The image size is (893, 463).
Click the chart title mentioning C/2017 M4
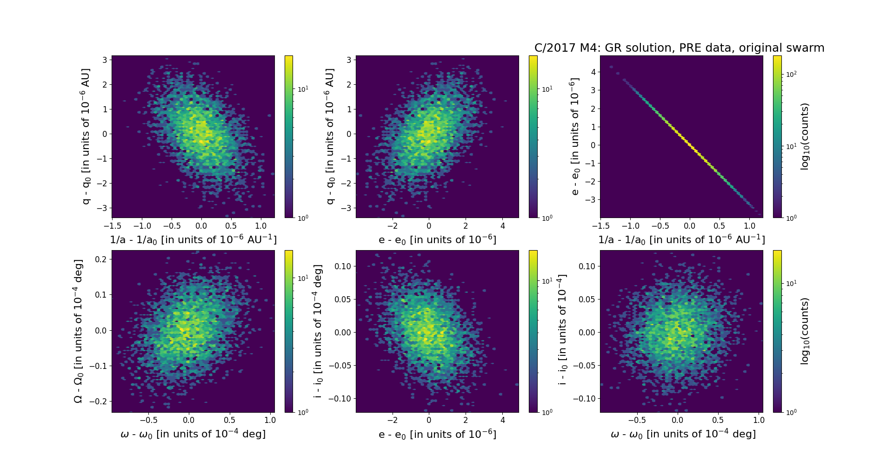tap(679, 48)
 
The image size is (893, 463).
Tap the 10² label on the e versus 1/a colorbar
tap(791, 74)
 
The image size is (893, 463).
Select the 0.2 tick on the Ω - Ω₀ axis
tap(100, 259)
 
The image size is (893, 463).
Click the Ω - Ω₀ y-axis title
tap(78, 331)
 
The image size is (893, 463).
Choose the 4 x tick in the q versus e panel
tap(503, 226)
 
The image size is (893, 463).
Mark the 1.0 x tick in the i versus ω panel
tap(759, 420)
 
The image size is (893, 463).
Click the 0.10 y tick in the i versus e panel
tap(342, 266)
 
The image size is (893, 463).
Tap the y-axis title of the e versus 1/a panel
tap(575, 136)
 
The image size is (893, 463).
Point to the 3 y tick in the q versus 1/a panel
tap(105, 60)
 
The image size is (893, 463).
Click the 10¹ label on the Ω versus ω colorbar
tap(302, 278)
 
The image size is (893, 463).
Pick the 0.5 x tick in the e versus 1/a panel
tap(719, 226)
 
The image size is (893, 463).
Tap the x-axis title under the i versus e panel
tap(437, 435)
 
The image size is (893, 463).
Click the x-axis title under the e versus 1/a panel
tap(681, 240)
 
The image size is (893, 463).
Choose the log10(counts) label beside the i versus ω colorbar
tap(805, 331)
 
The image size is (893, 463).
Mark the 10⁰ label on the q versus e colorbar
tap(547, 218)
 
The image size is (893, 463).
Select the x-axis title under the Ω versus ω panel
tap(193, 434)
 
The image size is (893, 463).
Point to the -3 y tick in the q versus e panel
tap(347, 208)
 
